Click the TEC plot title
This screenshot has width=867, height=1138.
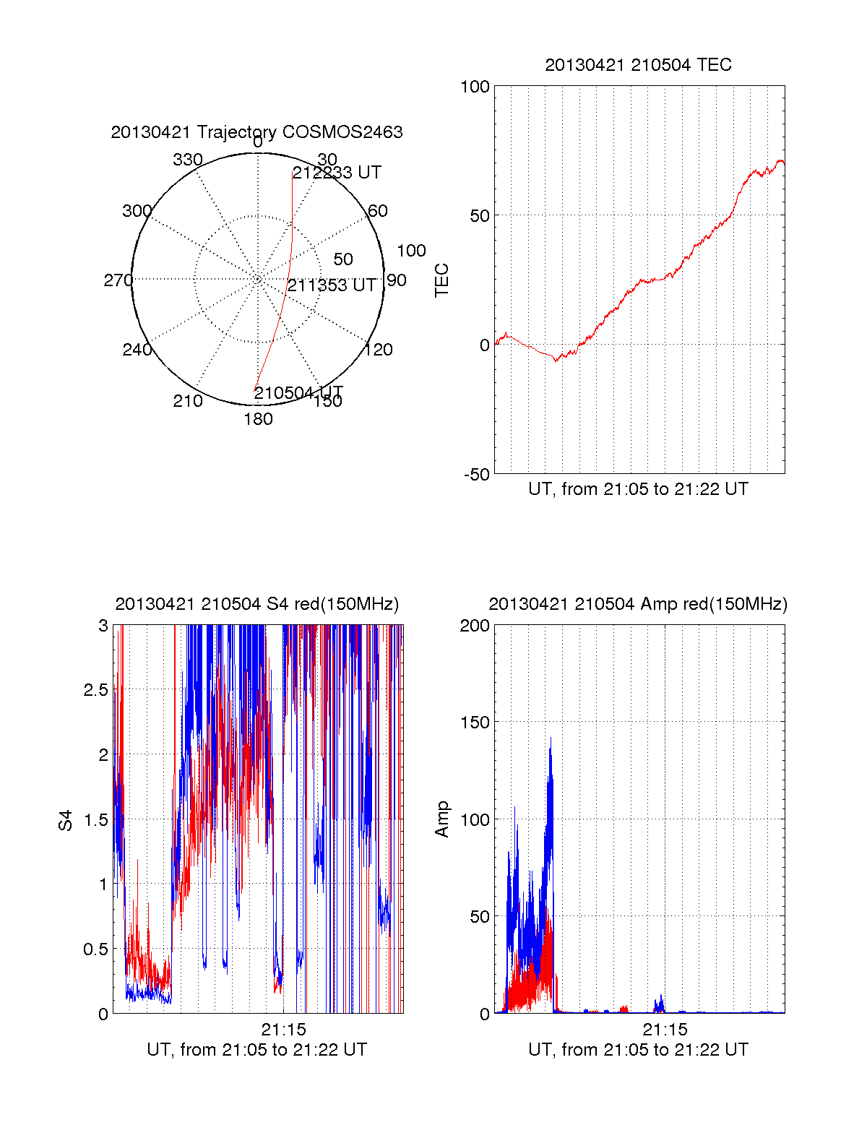point(638,65)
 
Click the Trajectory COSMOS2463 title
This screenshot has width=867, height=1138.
point(256,132)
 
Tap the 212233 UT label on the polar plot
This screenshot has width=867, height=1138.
point(337,173)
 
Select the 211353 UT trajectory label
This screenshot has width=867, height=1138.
point(332,285)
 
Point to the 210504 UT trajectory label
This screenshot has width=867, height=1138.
point(298,393)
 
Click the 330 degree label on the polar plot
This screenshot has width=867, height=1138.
point(187,160)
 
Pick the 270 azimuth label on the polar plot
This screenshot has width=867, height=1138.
point(118,280)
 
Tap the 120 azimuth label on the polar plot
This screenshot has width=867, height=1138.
point(379,350)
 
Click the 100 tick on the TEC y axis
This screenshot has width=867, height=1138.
point(475,87)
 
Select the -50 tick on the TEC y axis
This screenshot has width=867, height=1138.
point(476,475)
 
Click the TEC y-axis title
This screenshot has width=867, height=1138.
point(441,280)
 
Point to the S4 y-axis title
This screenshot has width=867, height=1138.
point(66,820)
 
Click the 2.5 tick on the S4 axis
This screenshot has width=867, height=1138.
point(95,690)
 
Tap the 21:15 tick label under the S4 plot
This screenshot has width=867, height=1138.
point(283,1030)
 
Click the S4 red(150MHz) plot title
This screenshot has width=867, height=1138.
point(256,604)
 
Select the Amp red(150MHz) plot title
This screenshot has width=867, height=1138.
point(638,604)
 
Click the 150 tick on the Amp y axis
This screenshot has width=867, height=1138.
point(475,723)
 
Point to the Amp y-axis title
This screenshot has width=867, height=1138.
point(441,819)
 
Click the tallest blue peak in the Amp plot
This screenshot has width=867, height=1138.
point(551,738)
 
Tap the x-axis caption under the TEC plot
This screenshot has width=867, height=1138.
point(638,489)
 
